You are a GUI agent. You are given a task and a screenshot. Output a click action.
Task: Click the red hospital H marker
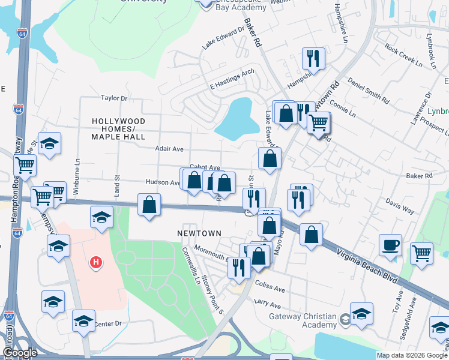tap(95, 262)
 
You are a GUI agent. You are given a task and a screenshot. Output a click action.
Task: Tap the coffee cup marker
tap(390, 245)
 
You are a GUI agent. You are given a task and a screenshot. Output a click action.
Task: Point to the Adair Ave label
tap(169, 149)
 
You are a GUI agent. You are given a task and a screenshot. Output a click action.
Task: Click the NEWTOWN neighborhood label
tap(199, 233)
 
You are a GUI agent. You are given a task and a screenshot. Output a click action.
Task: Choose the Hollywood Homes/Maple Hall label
tap(118, 129)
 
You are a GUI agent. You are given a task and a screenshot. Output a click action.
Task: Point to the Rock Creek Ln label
tap(400, 55)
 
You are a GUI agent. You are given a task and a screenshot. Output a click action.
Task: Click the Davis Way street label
tap(400, 206)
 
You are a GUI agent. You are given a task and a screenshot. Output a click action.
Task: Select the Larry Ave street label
tap(268, 304)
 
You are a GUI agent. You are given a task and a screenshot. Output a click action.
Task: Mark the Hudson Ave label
tap(162, 182)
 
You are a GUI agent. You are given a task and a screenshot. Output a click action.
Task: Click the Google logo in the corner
tap(20, 352)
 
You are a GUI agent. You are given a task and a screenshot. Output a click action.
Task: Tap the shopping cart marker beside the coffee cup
tap(421, 253)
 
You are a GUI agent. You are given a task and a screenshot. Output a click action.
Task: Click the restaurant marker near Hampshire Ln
tap(313, 58)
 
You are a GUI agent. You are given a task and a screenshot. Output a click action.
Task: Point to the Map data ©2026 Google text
tap(411, 355)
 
